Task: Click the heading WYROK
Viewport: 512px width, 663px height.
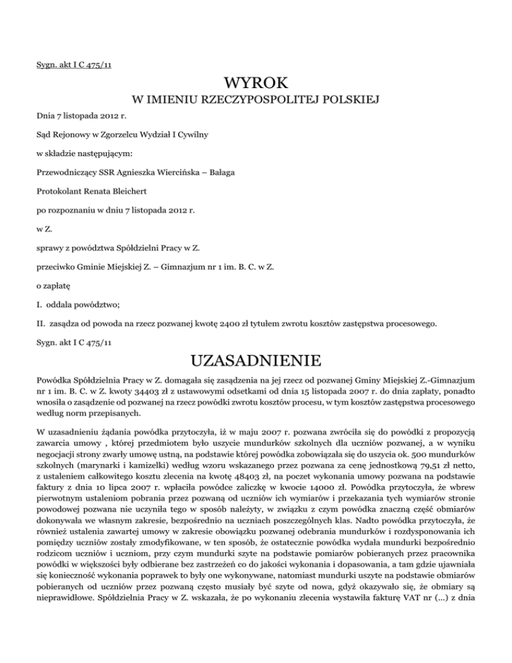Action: pyautogui.click(x=257, y=84)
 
